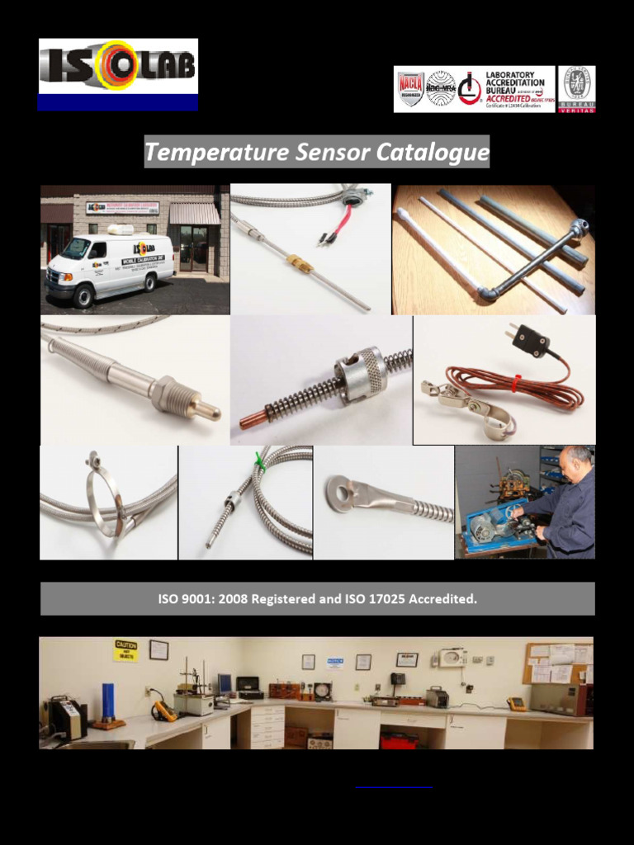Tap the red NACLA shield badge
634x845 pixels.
click(410, 89)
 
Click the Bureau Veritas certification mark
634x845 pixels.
click(576, 89)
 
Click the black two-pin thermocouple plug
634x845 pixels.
click(531, 338)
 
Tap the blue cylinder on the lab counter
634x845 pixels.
click(106, 701)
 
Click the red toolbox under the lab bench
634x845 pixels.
click(399, 739)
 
